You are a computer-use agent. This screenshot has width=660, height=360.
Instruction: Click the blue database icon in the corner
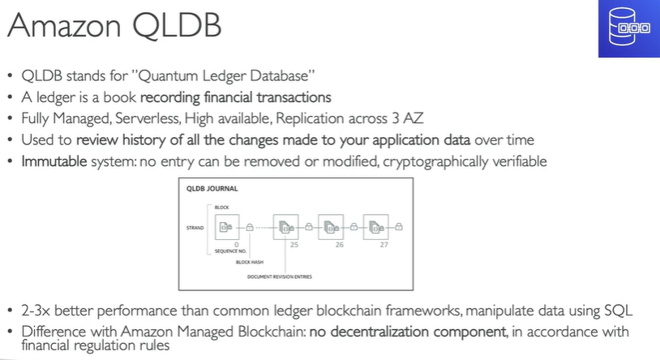[628, 28]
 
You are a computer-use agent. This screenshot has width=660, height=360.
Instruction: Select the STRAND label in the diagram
[195, 229]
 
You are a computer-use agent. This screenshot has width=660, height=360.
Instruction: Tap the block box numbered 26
[332, 228]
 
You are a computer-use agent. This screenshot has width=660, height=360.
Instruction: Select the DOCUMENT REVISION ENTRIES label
[281, 276]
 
